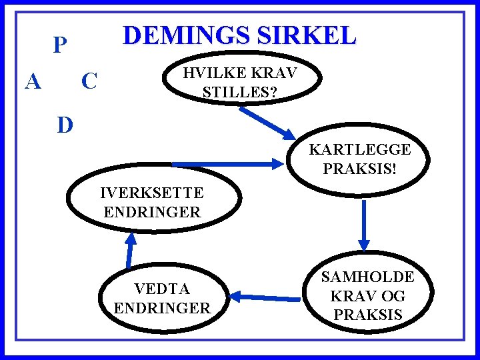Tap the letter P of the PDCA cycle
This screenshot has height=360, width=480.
tap(61, 45)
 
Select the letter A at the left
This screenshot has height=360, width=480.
tap(33, 82)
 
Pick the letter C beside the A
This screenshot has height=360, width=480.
tap(89, 82)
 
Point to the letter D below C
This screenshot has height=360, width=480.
tap(65, 125)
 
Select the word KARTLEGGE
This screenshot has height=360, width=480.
tap(359, 149)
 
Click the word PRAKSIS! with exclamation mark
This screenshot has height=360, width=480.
tap(359, 168)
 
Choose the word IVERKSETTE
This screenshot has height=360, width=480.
tap(151, 193)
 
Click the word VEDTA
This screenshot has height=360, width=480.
tap(162, 289)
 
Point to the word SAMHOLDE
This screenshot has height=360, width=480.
tap(368, 276)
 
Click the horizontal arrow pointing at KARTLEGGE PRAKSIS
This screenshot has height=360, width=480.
tap(227, 163)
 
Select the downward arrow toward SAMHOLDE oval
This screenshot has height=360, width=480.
tap(364, 223)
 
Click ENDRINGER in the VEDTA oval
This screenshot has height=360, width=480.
tap(162, 308)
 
